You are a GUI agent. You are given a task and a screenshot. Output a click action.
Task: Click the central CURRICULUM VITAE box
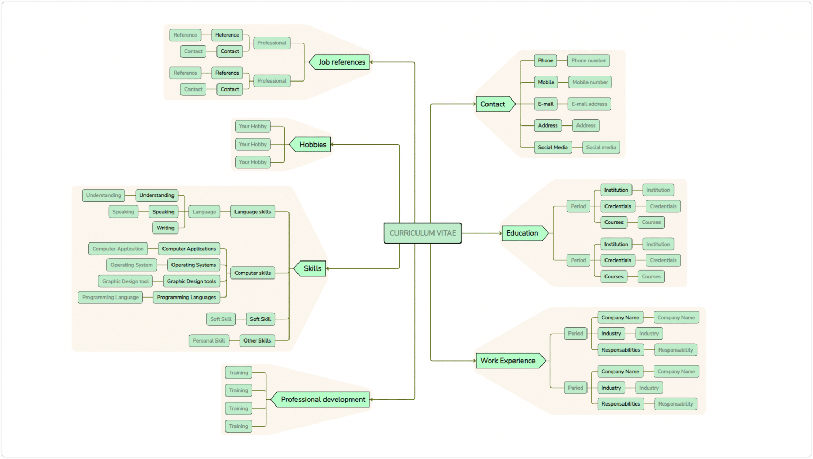pos(422,233)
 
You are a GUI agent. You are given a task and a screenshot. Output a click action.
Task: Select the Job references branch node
pos(341,62)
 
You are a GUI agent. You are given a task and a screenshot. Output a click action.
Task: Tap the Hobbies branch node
pos(312,145)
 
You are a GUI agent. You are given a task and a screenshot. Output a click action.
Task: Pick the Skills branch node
pos(312,268)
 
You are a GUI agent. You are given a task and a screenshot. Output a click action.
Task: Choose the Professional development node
pos(322,400)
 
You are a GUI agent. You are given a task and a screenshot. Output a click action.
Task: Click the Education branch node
pos(522,233)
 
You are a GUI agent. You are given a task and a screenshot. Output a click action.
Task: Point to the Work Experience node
pos(508,361)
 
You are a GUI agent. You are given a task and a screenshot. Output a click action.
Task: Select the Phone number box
pos(589,60)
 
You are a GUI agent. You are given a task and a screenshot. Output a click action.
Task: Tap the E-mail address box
pos(589,104)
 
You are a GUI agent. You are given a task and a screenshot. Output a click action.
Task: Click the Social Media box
pos(553,147)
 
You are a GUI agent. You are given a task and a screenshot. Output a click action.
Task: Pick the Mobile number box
pos(590,82)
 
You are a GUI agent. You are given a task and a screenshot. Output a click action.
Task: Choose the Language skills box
pos(252,212)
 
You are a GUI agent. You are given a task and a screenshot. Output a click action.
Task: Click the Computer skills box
pos(252,273)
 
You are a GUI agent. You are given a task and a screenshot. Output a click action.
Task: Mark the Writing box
pos(165,228)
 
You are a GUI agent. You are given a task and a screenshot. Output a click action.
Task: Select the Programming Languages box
pos(186,298)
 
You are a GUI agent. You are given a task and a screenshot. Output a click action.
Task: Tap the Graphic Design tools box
pos(192,281)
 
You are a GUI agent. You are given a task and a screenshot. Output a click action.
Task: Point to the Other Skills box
pos(257,340)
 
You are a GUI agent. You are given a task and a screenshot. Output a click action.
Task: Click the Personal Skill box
pos(209,340)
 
